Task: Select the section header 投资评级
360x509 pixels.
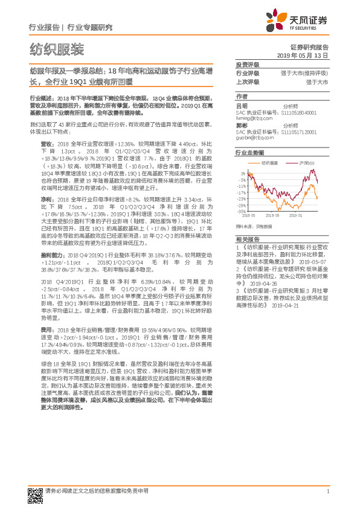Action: [247, 65]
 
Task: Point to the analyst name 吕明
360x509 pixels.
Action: [241, 106]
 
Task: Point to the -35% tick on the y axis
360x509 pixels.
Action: [242, 212]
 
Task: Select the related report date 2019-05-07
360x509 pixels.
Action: [309, 262]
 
